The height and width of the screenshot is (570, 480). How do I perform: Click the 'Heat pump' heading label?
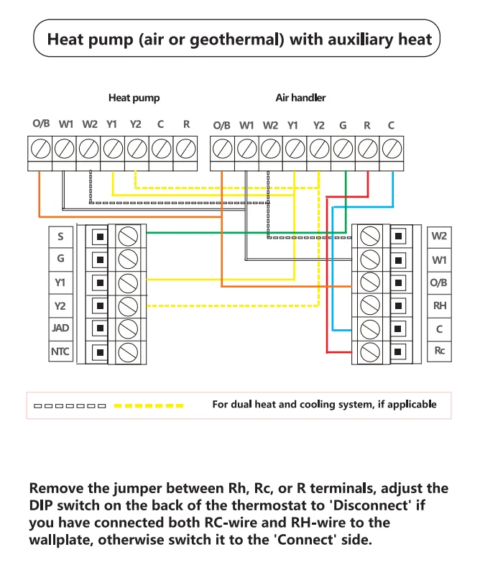point(134,98)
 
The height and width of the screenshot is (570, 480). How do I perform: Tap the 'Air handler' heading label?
point(300,98)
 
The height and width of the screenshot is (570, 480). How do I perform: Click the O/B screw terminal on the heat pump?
point(40,149)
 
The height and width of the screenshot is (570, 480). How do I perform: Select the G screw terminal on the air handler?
point(343,149)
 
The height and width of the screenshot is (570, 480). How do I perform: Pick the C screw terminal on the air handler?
point(391,149)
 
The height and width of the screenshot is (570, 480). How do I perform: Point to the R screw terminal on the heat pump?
point(186,149)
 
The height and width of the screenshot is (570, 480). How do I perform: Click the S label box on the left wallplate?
point(60,236)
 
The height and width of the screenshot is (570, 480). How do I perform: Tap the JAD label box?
point(60,328)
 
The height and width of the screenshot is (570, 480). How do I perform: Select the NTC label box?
point(60,352)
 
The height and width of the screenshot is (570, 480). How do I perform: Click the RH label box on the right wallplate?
point(439,305)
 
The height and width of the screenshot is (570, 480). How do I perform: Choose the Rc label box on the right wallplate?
point(439,351)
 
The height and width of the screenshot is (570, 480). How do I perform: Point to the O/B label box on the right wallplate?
point(439,282)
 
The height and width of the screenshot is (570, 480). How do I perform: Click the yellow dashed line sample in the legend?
point(149,405)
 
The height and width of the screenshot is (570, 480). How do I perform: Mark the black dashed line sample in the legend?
point(70,405)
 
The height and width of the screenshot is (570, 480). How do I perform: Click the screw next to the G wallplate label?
point(127,259)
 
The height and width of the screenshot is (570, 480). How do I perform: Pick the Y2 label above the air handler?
point(318,125)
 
